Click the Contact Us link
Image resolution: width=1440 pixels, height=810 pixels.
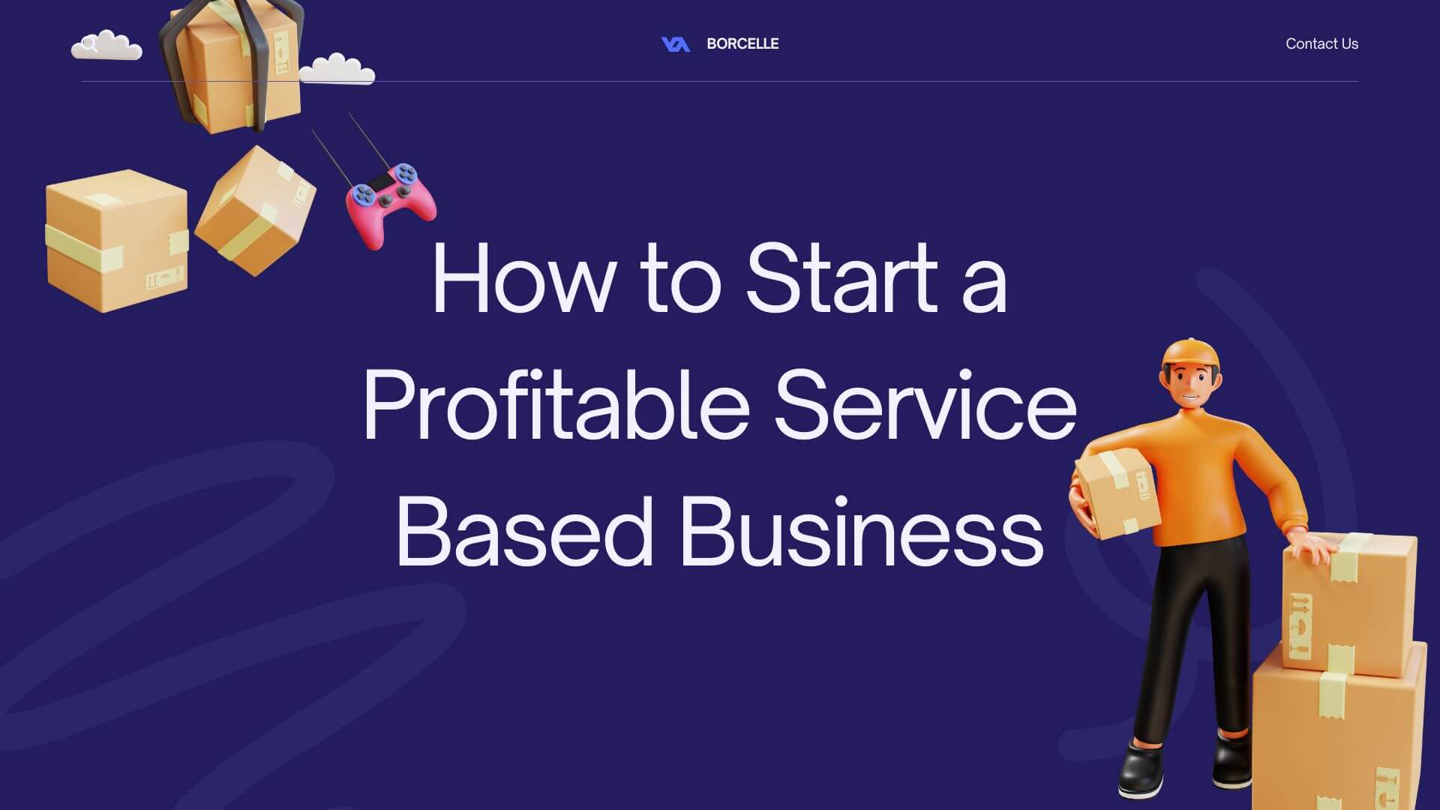(x=1321, y=43)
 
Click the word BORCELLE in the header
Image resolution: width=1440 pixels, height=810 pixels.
(x=742, y=43)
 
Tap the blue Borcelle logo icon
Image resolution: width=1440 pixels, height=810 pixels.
(x=675, y=44)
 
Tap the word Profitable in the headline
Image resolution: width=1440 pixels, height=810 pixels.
(x=556, y=405)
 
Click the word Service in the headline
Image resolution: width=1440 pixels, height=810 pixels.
(x=925, y=405)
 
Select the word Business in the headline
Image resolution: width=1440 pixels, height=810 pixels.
(x=862, y=531)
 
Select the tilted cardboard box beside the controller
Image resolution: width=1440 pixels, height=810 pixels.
(x=255, y=211)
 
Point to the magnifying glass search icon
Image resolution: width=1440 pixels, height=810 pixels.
(x=89, y=44)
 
